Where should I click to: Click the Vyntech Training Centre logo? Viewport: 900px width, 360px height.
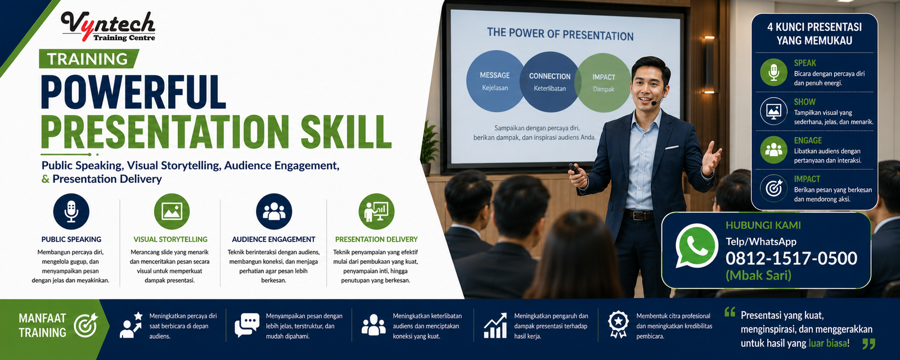108,26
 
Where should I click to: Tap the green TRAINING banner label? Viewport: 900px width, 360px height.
89,58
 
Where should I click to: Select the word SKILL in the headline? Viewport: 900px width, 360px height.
346,132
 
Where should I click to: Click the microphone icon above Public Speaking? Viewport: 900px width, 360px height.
71,211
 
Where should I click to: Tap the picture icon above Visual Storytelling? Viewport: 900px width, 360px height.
172,211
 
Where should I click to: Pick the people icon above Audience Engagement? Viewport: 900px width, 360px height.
274,211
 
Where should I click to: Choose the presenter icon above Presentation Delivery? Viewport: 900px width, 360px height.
376,211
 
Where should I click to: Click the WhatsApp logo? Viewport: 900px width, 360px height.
696,246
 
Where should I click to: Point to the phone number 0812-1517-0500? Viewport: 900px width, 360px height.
791,258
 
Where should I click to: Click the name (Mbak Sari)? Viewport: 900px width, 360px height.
758,275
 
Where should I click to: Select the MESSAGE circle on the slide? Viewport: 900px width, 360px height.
494,81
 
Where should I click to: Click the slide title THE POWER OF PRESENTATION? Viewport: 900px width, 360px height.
560,34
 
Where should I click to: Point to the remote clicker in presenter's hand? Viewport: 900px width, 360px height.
574,169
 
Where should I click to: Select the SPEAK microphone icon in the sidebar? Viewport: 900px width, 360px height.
773,73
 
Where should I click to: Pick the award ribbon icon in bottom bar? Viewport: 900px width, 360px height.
618,324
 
